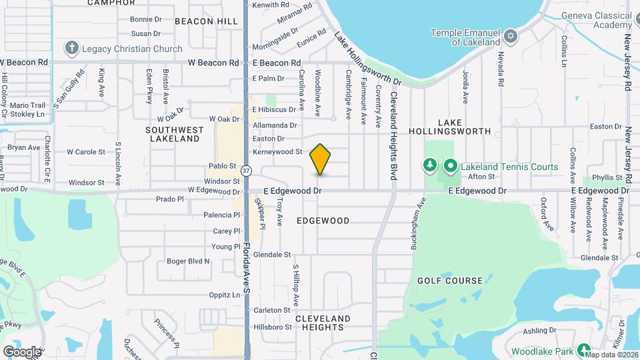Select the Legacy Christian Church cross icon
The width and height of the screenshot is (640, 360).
click(x=72, y=48)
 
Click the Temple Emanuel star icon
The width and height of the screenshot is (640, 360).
click(x=511, y=35)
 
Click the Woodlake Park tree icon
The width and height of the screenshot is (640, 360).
click(x=584, y=351)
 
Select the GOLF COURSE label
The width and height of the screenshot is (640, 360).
click(x=450, y=281)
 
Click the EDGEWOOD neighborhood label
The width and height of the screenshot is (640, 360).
click(x=323, y=221)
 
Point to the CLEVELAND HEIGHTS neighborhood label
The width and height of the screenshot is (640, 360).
click(x=323, y=323)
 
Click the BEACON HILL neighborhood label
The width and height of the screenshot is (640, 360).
click(x=206, y=21)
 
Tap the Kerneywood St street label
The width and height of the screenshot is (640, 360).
click(x=277, y=152)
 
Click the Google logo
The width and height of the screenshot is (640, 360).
click(x=22, y=351)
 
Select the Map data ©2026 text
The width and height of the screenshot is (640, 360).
click(x=611, y=355)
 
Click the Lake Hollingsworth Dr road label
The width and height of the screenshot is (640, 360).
click(x=367, y=59)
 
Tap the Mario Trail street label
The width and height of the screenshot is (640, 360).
click(x=27, y=105)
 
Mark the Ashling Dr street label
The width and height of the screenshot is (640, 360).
click(x=539, y=331)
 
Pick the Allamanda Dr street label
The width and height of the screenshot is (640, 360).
click(x=275, y=125)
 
